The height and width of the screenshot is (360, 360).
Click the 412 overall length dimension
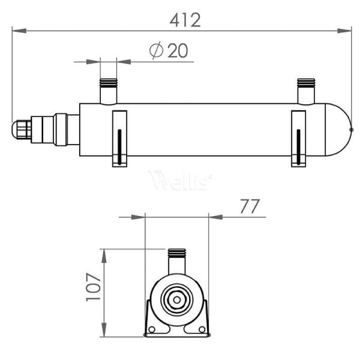pyautogui.click(x=184, y=20)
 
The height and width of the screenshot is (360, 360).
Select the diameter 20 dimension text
pyautogui.click(x=170, y=51)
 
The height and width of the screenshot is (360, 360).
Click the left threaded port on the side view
pyautogui.click(x=109, y=91)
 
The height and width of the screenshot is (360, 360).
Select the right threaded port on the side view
pyautogui.click(x=306, y=91)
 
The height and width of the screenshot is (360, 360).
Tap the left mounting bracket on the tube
pyautogui.click(x=119, y=138)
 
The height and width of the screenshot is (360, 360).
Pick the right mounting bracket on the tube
pyautogui.click(x=298, y=138)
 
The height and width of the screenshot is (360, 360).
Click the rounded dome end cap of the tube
pyautogui.click(x=339, y=129)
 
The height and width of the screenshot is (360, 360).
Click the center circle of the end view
pyautogui.click(x=177, y=298)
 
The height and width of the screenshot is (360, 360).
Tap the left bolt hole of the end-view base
pyautogui.click(x=153, y=329)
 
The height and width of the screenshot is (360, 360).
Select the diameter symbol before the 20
pyautogui.click(x=156, y=51)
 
